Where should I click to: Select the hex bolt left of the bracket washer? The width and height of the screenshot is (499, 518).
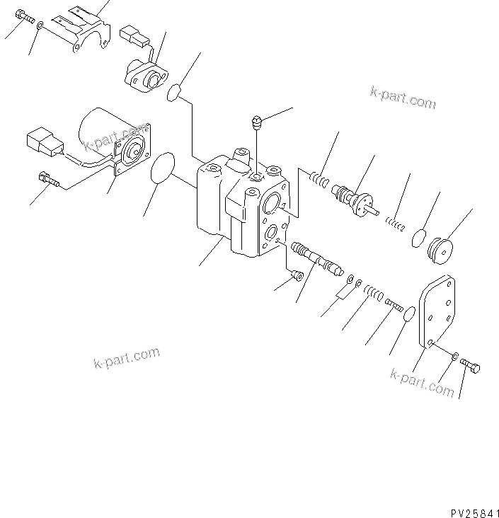pos(22,16)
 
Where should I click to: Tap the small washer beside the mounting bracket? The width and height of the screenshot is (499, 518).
pos(41,25)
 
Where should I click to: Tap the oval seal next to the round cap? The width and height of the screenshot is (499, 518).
pos(420,238)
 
